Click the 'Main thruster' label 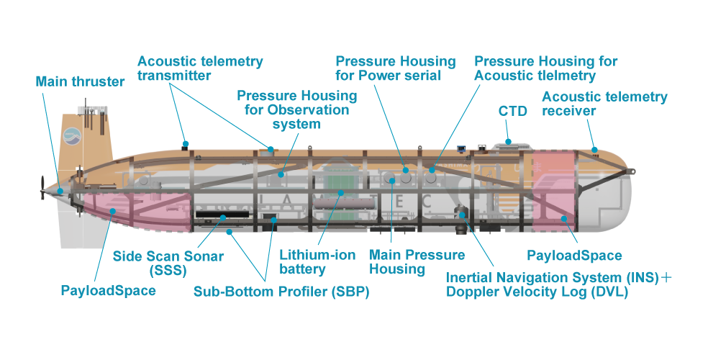[80, 81]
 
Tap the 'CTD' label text [512, 111]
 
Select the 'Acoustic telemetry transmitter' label [200, 68]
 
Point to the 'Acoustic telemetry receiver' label [604, 104]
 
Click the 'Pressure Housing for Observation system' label [296, 109]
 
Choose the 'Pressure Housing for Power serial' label [395, 68]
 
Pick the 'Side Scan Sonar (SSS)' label [168, 263]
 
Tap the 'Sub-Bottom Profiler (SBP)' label [281, 293]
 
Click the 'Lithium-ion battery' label [312, 262]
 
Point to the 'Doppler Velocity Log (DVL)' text [537, 292]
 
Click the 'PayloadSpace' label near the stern [108, 291]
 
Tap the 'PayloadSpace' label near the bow [574, 256]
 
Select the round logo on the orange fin [73, 134]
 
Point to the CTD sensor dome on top [509, 140]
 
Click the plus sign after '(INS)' [667, 277]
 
